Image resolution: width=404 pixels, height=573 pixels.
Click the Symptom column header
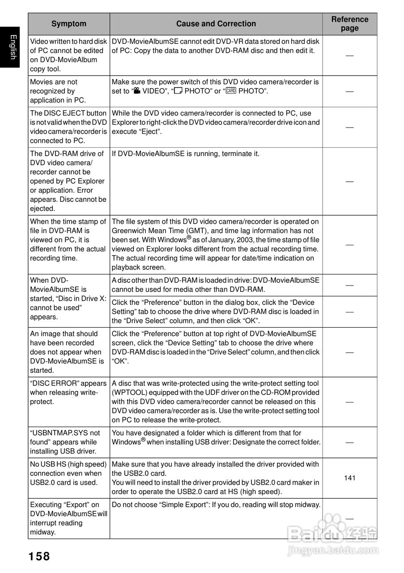point(68,24)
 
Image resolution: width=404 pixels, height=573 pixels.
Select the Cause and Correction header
point(216,24)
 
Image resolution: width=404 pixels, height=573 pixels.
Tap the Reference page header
point(349,24)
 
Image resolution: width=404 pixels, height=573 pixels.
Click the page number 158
point(39,556)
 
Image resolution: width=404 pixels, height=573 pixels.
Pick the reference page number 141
point(349,478)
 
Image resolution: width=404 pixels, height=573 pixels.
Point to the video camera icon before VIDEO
point(137,91)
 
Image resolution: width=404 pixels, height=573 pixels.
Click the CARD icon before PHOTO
point(231,91)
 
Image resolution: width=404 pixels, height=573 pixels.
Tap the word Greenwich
point(129,231)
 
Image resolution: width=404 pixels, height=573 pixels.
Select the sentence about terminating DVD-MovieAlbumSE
point(185,154)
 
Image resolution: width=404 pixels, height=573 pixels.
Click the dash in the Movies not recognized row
point(349,91)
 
